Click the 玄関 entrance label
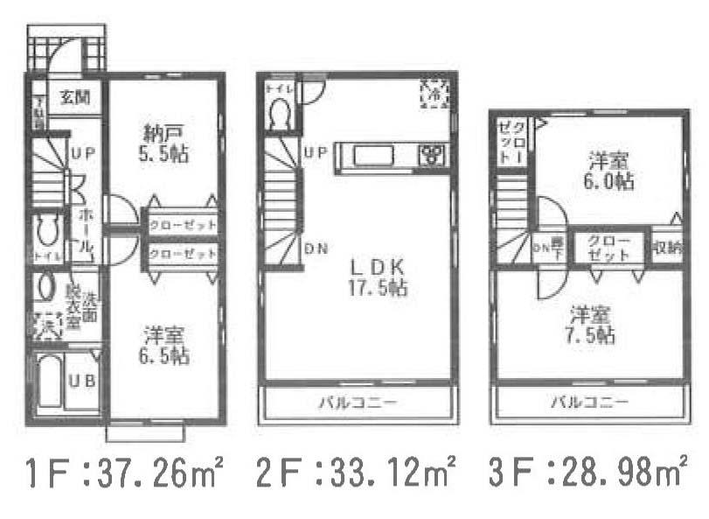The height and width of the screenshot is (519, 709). [73, 96]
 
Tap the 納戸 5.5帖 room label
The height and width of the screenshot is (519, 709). [165, 143]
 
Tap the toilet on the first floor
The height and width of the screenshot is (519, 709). [46, 232]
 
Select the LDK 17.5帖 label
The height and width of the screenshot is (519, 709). [378, 276]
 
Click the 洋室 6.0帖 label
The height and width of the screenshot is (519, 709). [610, 171]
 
